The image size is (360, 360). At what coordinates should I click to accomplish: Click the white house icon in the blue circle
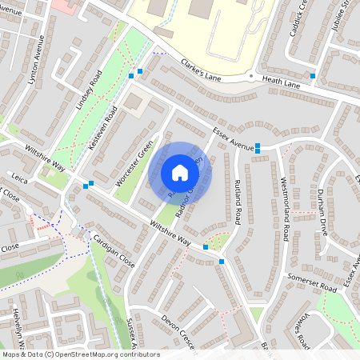click(180, 172)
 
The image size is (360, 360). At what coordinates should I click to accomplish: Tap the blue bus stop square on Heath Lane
click(313, 76)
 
